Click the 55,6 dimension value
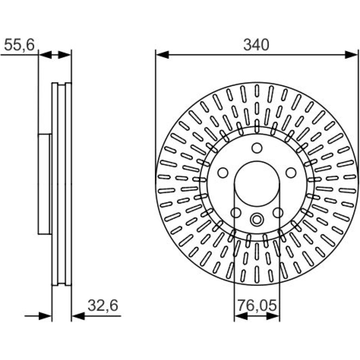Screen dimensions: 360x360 coord(19,45)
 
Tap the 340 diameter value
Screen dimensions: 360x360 coord(256,45)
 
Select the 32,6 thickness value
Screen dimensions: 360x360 coord(103,305)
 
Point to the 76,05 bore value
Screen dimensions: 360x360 coord(257,305)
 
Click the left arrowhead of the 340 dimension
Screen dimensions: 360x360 coord(162,55)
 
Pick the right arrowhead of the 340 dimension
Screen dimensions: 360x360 coord(351,55)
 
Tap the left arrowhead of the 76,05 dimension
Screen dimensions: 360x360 coord(241,316)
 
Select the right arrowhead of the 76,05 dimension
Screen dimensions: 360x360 coord(273,316)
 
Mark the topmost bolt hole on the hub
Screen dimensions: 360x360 coord(257,148)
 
